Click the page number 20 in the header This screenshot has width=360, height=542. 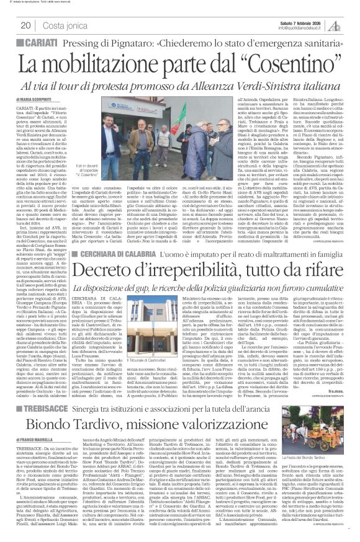[x=26, y=25]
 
